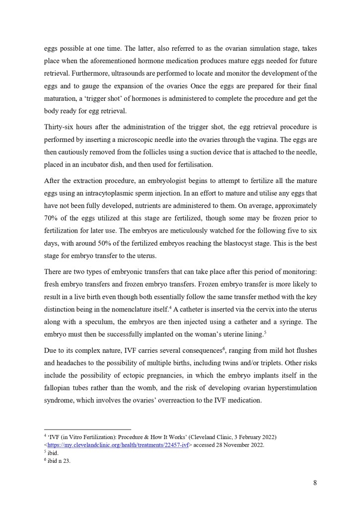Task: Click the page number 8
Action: tap(315, 483)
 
